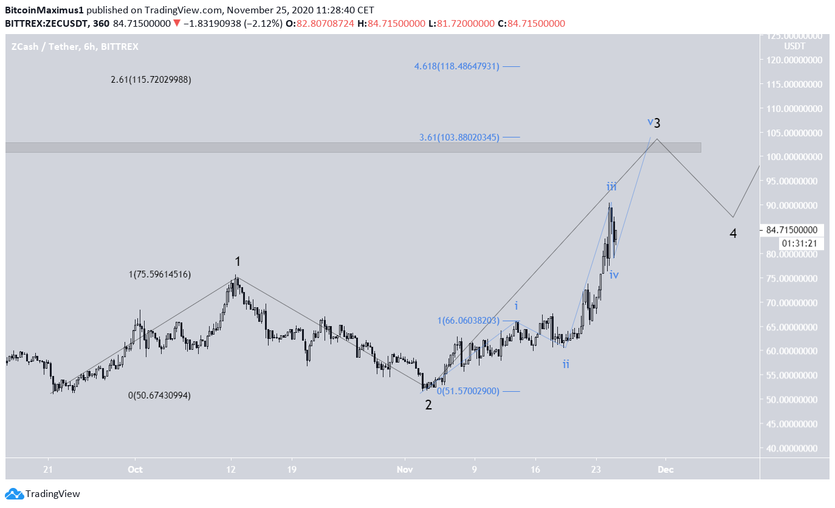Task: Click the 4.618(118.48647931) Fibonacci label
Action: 456,66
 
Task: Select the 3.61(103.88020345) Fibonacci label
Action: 459,137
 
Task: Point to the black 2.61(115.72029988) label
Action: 151,80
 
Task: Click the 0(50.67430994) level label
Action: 159,395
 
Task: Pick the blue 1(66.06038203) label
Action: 468,321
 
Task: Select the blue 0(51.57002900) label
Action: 468,391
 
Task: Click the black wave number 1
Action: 238,262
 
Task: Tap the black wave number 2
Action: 428,405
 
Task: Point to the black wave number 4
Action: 734,233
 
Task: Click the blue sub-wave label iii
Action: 611,187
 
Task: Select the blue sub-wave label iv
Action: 614,275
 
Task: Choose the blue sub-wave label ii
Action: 566,364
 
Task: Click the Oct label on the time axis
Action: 135,470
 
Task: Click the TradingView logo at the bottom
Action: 43,494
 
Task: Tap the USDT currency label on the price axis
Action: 794,46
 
